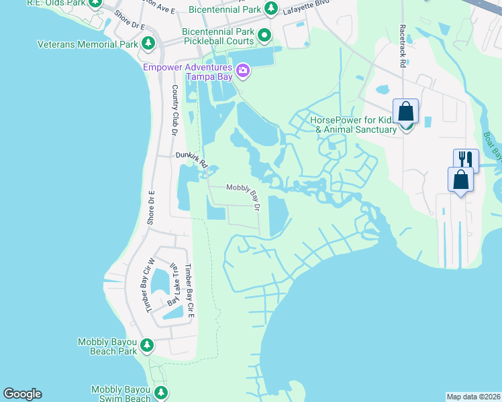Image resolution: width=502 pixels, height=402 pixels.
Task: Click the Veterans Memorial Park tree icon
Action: point(148,44)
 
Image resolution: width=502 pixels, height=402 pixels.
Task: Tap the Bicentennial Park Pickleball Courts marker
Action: point(265,36)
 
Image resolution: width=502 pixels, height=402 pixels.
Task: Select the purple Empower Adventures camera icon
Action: point(242,70)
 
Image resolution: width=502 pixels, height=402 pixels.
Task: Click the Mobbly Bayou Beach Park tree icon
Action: point(147,346)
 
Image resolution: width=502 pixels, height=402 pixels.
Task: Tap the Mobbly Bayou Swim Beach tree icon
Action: point(160,393)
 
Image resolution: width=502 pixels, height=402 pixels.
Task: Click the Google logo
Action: point(22,394)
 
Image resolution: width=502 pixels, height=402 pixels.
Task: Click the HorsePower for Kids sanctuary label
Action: point(353,125)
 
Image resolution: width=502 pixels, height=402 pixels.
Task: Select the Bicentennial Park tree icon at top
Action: point(270,9)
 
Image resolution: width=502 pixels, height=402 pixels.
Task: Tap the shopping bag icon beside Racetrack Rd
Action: point(406,111)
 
